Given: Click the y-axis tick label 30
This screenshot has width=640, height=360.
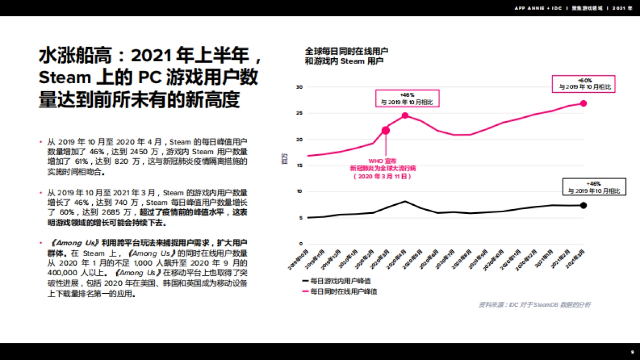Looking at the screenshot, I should click(x=299, y=87).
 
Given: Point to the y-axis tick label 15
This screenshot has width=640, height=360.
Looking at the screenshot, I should click(x=299, y=165).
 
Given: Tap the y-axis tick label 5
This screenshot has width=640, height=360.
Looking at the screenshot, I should click(x=301, y=218).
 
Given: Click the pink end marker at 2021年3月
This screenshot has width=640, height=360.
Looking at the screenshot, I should click(x=583, y=103).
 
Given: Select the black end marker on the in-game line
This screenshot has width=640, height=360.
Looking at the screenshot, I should click(x=583, y=205).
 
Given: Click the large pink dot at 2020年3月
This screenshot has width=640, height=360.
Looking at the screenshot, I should click(x=386, y=130).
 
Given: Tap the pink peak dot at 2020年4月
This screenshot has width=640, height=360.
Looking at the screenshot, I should click(x=405, y=115).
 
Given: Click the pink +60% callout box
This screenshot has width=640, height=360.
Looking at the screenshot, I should click(x=585, y=83).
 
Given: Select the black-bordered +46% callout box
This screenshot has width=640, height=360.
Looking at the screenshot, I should click(x=594, y=187).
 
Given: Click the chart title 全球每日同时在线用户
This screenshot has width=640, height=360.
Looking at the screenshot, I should click(x=346, y=52).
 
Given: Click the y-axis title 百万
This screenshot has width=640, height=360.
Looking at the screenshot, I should click(x=284, y=158).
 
